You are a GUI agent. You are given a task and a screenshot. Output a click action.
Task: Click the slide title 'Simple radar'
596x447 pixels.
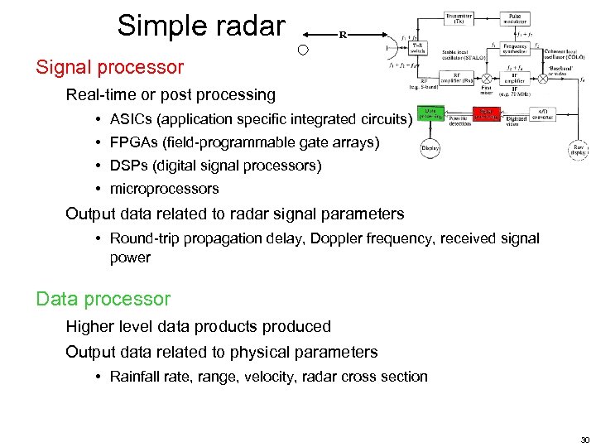click(x=200, y=26)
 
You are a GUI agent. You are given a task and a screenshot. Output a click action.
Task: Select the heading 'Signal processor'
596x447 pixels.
click(x=109, y=66)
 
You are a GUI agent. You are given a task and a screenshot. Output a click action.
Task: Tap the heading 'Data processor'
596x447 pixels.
click(x=103, y=299)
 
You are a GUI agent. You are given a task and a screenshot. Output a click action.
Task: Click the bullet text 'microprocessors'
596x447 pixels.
click(x=164, y=189)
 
